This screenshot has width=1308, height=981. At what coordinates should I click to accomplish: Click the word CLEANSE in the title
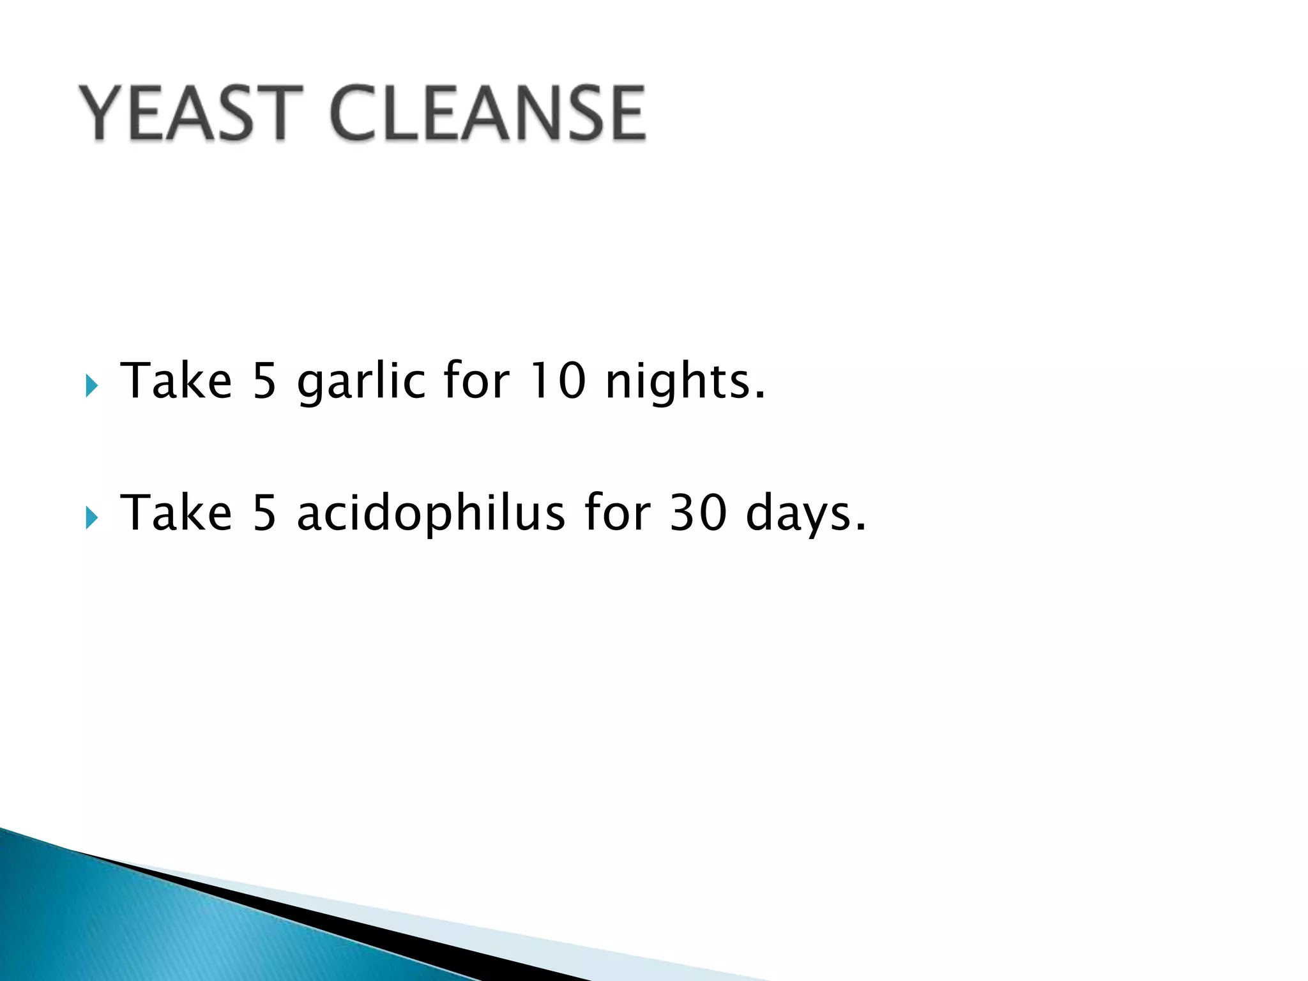pos(489,114)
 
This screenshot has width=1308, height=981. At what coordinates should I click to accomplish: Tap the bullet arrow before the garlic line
pos(92,386)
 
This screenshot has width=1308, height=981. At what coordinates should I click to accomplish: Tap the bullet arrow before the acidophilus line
pos(92,518)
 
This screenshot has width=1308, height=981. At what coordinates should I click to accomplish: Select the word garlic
pos(361,382)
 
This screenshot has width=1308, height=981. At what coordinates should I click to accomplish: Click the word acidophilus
pos(431,513)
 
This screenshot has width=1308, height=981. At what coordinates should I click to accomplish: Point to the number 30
pos(698,513)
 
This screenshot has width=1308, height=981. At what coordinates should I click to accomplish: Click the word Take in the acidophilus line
pos(176,513)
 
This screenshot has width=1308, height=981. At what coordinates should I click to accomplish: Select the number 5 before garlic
pos(264,381)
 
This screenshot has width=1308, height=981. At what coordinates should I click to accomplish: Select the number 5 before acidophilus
pos(264,513)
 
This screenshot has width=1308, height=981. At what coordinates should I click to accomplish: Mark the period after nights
pos(759,396)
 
